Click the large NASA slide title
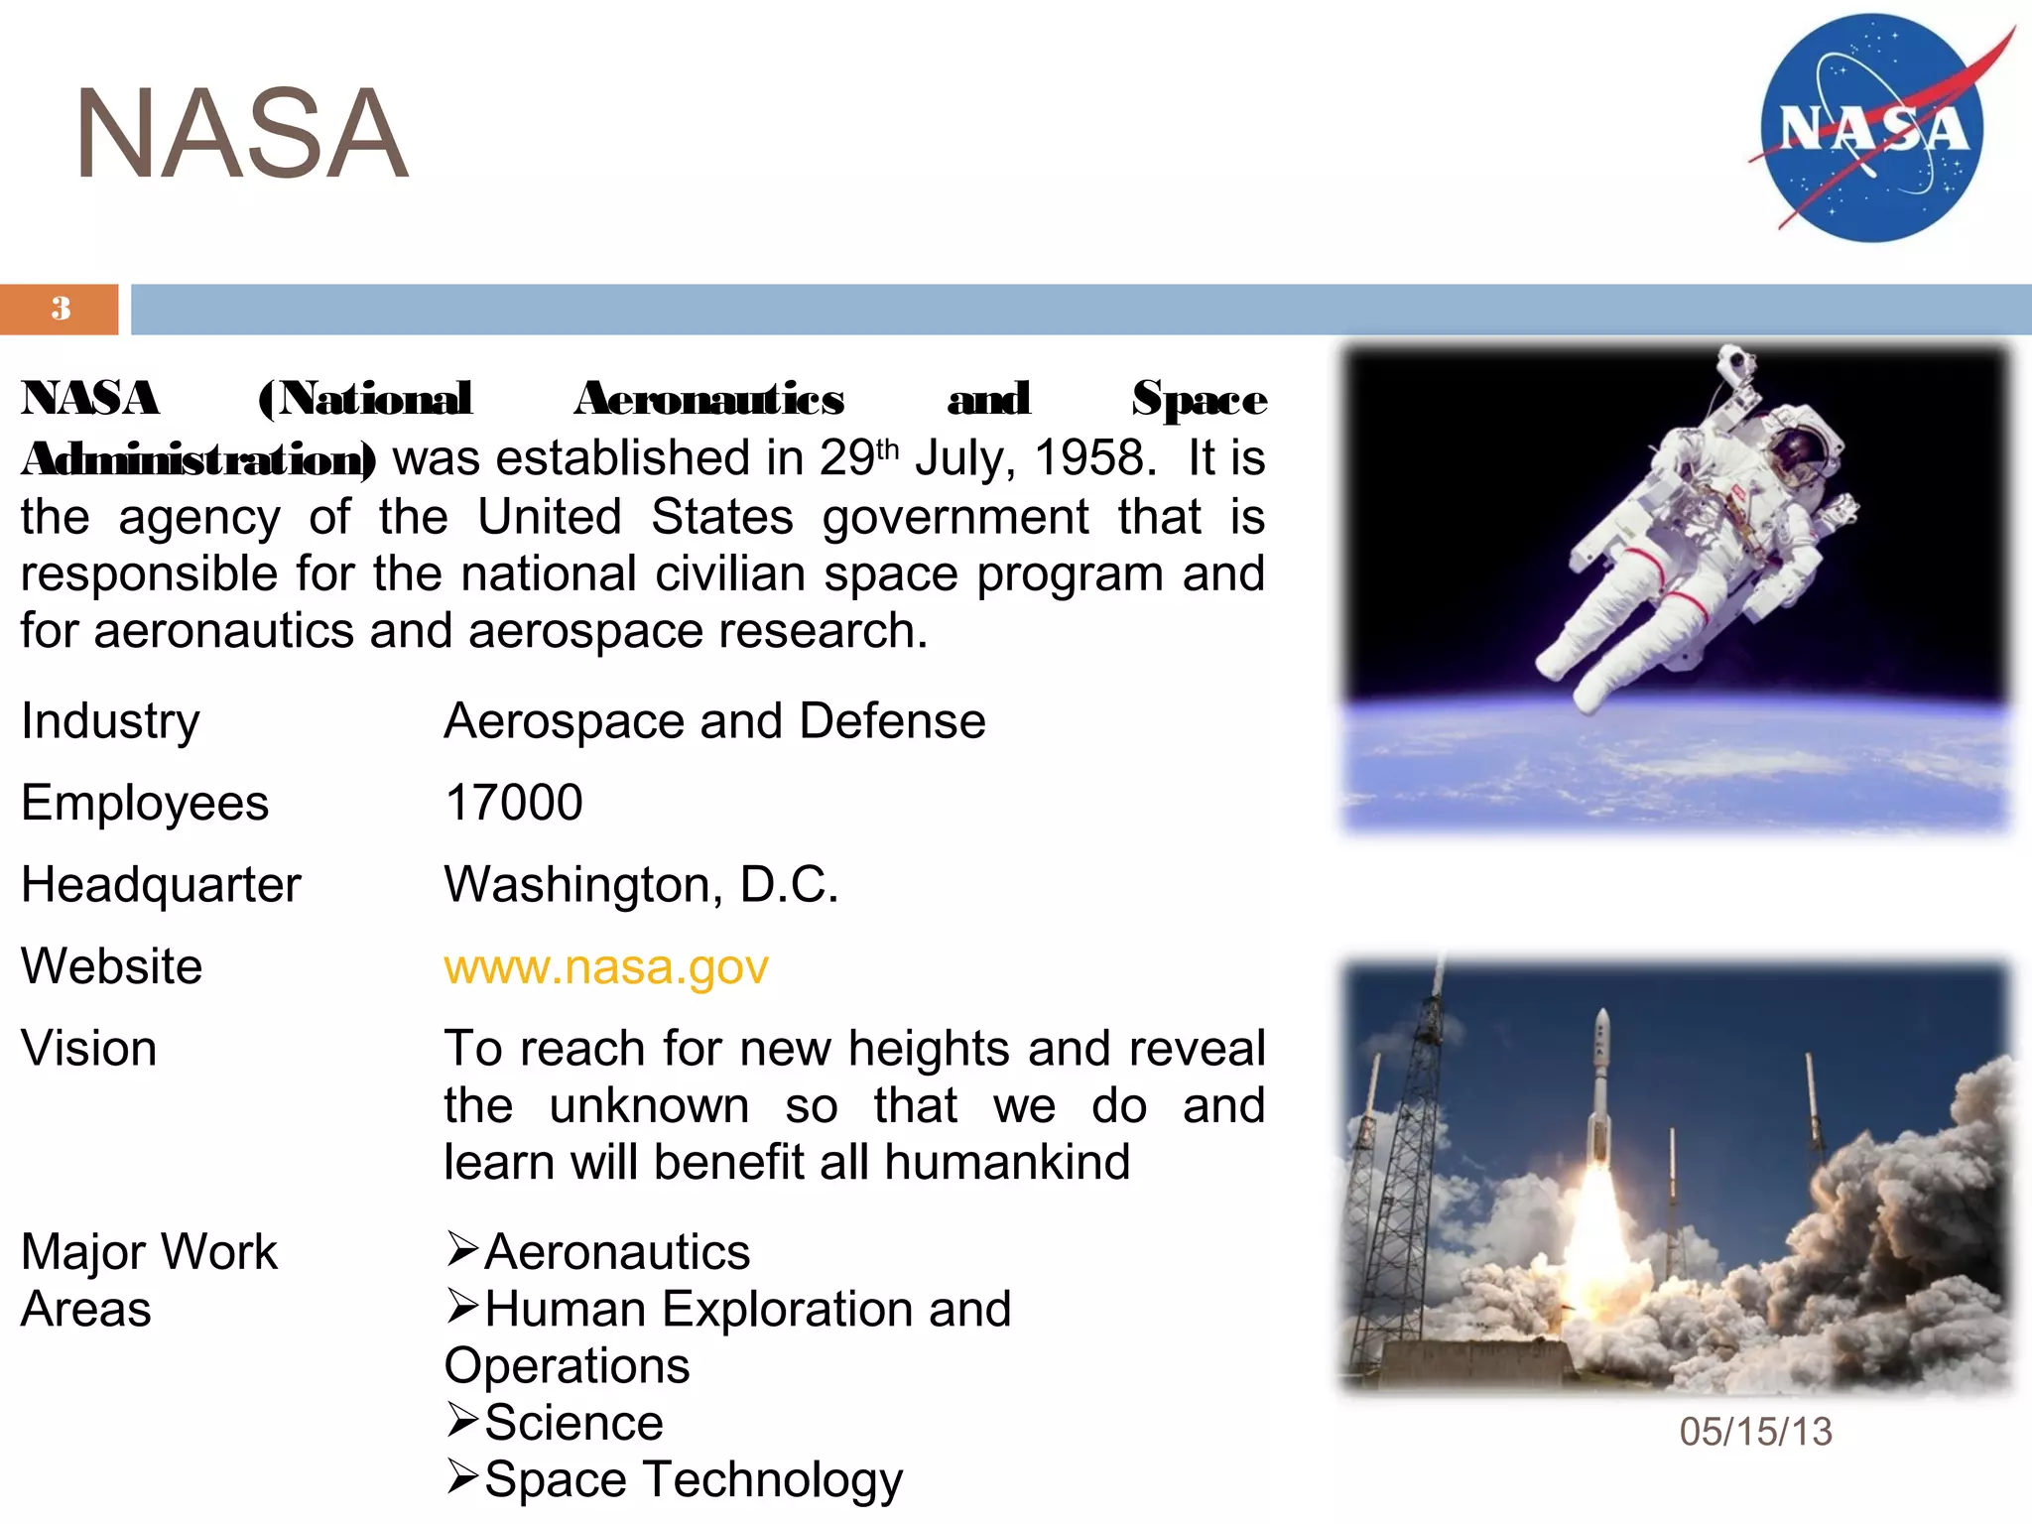[x=241, y=134]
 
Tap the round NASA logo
[x=1871, y=128]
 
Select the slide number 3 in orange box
[x=61, y=309]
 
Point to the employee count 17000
[x=513, y=803]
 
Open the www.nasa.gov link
[x=605, y=967]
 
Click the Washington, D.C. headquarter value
[x=641, y=884]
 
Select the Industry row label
[x=110, y=721]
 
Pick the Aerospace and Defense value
[x=714, y=721]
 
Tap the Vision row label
[x=89, y=1049]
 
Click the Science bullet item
[x=573, y=1423]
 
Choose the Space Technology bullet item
[x=693, y=1479]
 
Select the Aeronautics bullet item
[x=616, y=1252]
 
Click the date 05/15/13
[x=1755, y=1432]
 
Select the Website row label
[x=112, y=967]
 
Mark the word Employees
[x=145, y=803]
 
